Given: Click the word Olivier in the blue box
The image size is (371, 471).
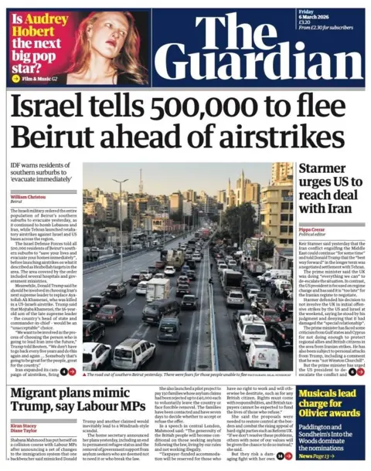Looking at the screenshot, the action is click(316, 418).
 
